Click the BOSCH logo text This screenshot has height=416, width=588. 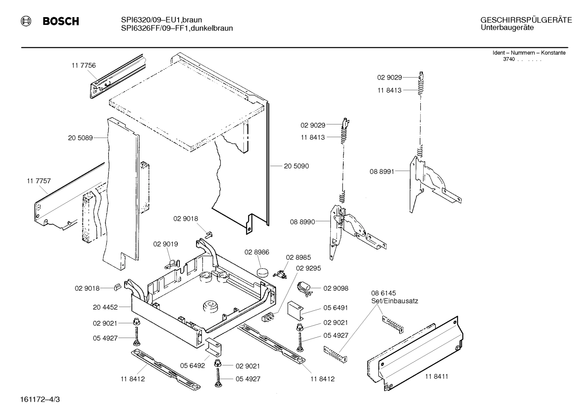tap(61, 21)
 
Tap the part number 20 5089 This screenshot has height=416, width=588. tap(80, 138)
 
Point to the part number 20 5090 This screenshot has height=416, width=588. tap(296, 166)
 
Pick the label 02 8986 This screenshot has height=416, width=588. tap(257, 252)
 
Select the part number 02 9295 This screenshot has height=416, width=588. tap(308, 268)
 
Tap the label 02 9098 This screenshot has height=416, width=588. tap(336, 288)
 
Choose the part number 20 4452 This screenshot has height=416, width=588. tap(105, 307)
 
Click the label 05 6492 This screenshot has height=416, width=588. tap(192, 366)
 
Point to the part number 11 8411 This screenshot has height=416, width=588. tap(436, 376)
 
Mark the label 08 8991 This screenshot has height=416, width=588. tap(382, 172)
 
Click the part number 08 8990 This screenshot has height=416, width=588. tap(303, 222)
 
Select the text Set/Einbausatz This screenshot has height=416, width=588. tap(394, 301)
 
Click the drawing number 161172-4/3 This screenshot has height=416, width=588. tap(40, 399)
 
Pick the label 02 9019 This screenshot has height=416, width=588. tap(166, 244)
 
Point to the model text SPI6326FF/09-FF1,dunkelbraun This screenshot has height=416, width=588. tap(177, 28)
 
